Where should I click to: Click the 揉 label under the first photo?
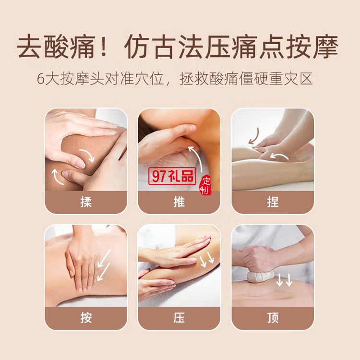pos(86,202)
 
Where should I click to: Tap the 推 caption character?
pos(179,202)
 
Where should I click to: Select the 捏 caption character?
pos(273,202)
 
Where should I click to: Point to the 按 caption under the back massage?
pos(86,318)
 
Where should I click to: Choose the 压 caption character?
pos(179,318)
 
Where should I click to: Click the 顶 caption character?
pos(273,318)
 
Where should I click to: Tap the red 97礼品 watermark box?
pos(172,176)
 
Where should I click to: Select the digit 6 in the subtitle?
pos(40,79)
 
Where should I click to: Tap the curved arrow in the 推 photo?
pos(196,158)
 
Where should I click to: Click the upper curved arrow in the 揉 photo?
pos(88,155)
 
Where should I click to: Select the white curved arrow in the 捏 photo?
pos(279,156)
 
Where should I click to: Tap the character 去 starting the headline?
pos(29,47)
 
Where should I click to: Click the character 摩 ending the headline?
pos(325,47)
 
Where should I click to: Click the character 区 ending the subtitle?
pos(306,79)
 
